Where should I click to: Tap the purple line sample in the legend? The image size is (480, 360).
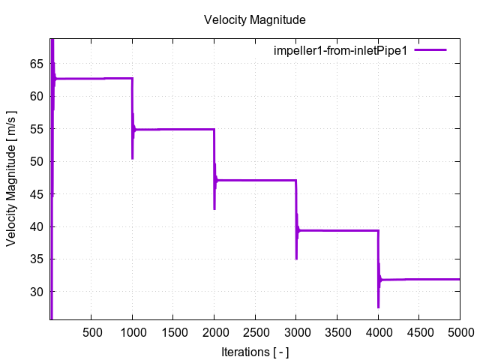tap(430, 49)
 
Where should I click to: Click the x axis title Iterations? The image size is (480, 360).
tap(255, 351)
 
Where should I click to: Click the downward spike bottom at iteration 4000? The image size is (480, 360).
tap(378, 307)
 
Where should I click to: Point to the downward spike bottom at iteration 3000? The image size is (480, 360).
tap(296, 259)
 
